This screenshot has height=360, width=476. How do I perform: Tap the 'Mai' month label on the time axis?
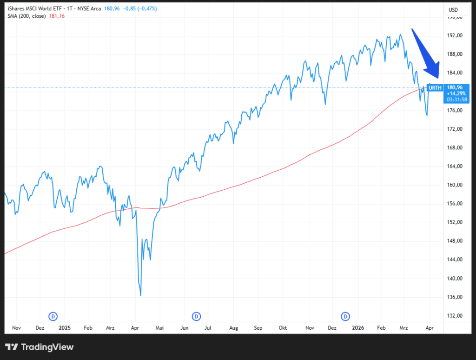tap(159, 328)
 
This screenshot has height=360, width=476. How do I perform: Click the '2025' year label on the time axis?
tap(65, 328)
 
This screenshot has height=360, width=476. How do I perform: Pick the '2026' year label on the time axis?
tap(357, 328)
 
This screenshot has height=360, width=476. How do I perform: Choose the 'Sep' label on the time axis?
tap(258, 328)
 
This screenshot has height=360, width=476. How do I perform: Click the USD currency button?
tap(453, 10)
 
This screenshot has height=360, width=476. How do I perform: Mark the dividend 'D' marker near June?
tap(197, 316)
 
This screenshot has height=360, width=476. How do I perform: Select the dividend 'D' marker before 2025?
tap(53, 316)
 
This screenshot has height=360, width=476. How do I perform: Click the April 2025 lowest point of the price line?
tap(140, 296)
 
